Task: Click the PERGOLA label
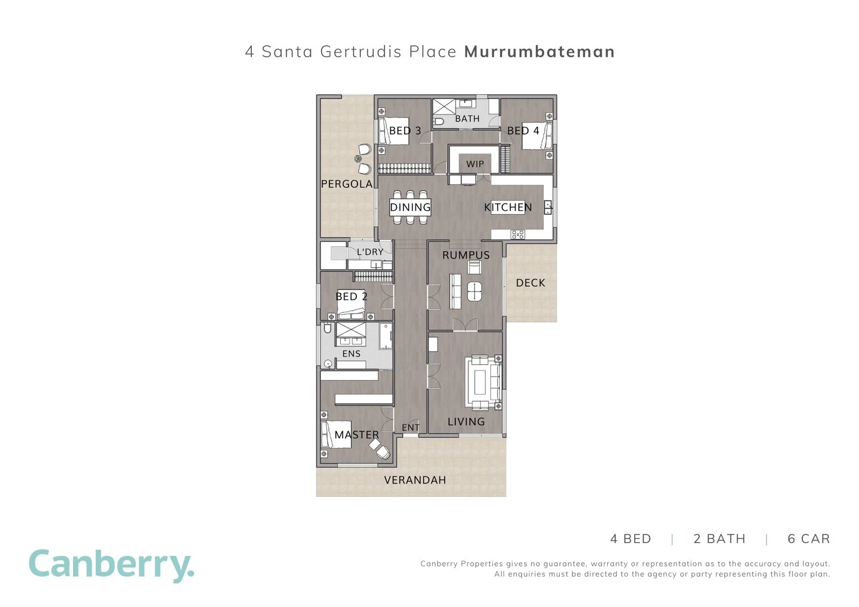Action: (x=347, y=184)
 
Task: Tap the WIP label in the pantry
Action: (x=475, y=164)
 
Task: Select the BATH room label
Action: (x=467, y=119)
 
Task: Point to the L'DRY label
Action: (x=370, y=252)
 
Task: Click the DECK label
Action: (x=530, y=283)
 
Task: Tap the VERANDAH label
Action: (x=415, y=480)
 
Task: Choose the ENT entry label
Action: (x=410, y=428)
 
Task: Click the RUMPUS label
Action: (x=466, y=255)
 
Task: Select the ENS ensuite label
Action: (x=351, y=354)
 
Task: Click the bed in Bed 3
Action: (x=394, y=131)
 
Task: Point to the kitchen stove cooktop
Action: (x=518, y=234)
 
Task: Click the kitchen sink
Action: (x=548, y=207)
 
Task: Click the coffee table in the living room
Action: (x=480, y=382)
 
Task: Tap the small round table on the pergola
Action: (x=358, y=158)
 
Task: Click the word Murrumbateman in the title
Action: (x=540, y=52)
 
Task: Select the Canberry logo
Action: (x=112, y=566)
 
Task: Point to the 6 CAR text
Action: (x=809, y=539)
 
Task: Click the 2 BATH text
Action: (x=720, y=539)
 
